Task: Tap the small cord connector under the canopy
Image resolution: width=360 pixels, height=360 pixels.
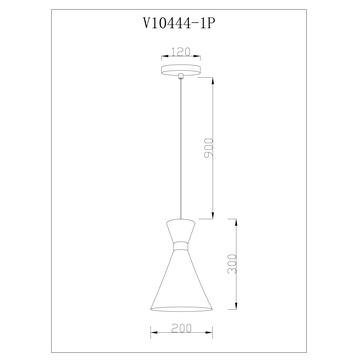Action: point(180,81)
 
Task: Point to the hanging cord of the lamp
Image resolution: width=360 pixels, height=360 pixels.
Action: point(180,150)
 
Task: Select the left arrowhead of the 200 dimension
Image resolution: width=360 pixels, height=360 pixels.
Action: point(152,335)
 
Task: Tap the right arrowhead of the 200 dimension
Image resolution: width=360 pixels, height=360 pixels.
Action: point(208,335)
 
